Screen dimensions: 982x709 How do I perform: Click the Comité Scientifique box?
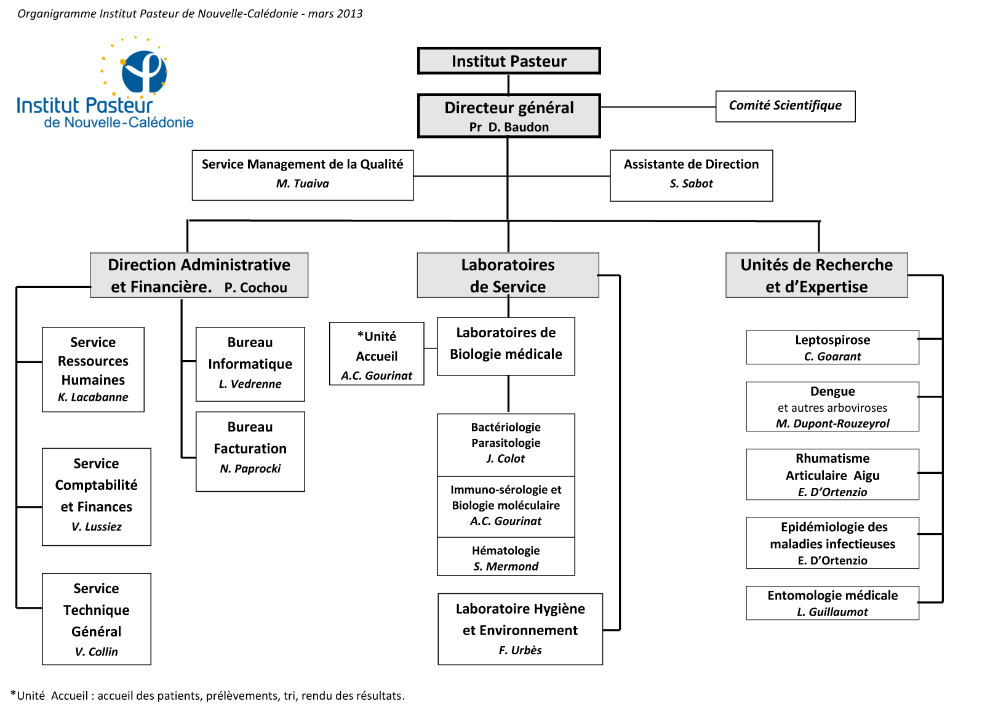785,106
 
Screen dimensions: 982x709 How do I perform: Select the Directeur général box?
508,116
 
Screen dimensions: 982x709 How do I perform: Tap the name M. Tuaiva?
303,183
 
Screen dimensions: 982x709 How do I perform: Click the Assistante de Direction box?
692,175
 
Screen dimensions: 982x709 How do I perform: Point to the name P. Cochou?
255,287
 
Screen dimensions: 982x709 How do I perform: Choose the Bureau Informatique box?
250,364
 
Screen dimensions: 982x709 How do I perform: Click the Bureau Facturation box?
250,451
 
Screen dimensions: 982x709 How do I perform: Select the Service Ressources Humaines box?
93,369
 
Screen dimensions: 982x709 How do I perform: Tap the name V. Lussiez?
97,527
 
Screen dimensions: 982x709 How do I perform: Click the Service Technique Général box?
97,619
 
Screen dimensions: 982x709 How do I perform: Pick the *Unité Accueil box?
377,354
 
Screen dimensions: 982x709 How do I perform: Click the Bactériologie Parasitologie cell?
506,444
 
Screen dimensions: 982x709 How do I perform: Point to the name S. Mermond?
506,566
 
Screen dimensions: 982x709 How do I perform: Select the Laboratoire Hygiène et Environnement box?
521,629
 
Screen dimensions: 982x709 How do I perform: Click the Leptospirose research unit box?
832,347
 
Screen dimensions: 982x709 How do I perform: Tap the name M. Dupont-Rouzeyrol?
832,423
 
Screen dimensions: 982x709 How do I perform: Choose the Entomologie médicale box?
832,603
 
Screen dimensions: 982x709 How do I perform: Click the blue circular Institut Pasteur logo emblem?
144,72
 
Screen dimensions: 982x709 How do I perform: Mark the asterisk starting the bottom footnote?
13,694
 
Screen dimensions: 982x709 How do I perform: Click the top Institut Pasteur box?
508,61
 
